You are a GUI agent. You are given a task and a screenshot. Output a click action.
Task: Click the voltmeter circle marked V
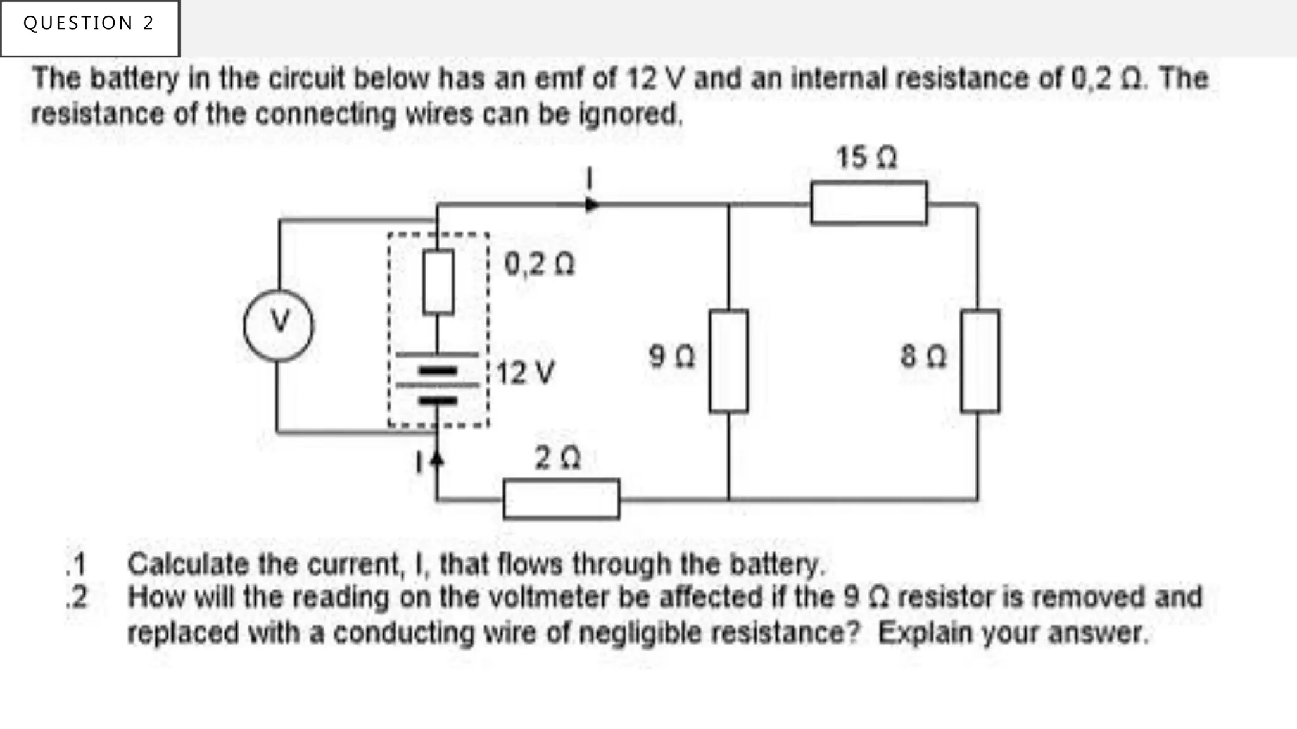[279, 325]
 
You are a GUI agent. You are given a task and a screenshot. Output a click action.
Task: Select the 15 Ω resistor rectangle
[869, 203]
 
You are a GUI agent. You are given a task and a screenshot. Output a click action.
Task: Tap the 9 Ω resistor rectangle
[728, 361]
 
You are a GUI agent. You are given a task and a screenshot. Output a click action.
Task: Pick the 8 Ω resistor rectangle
[980, 361]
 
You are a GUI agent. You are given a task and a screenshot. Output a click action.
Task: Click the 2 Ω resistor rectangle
[561, 499]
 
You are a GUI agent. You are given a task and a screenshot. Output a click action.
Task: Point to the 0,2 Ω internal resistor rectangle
[438, 282]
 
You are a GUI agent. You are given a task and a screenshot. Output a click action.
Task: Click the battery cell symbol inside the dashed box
[438, 377]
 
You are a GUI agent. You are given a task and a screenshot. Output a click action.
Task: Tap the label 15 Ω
[866, 158]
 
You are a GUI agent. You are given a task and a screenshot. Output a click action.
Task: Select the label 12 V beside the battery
[525, 373]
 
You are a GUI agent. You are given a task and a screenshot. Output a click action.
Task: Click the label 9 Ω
[672, 356]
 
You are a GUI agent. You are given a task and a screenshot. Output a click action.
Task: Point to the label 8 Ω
[923, 356]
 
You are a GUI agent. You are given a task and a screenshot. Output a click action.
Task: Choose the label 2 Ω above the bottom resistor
[557, 458]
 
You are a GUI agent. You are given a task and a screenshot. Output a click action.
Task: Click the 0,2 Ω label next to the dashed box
[539, 264]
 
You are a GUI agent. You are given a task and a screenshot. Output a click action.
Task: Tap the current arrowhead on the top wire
[592, 204]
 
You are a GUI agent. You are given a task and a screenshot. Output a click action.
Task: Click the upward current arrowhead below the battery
[436, 458]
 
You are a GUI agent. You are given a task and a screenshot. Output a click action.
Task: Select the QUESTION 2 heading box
[90, 28]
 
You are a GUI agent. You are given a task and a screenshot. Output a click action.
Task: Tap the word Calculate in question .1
[185, 564]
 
